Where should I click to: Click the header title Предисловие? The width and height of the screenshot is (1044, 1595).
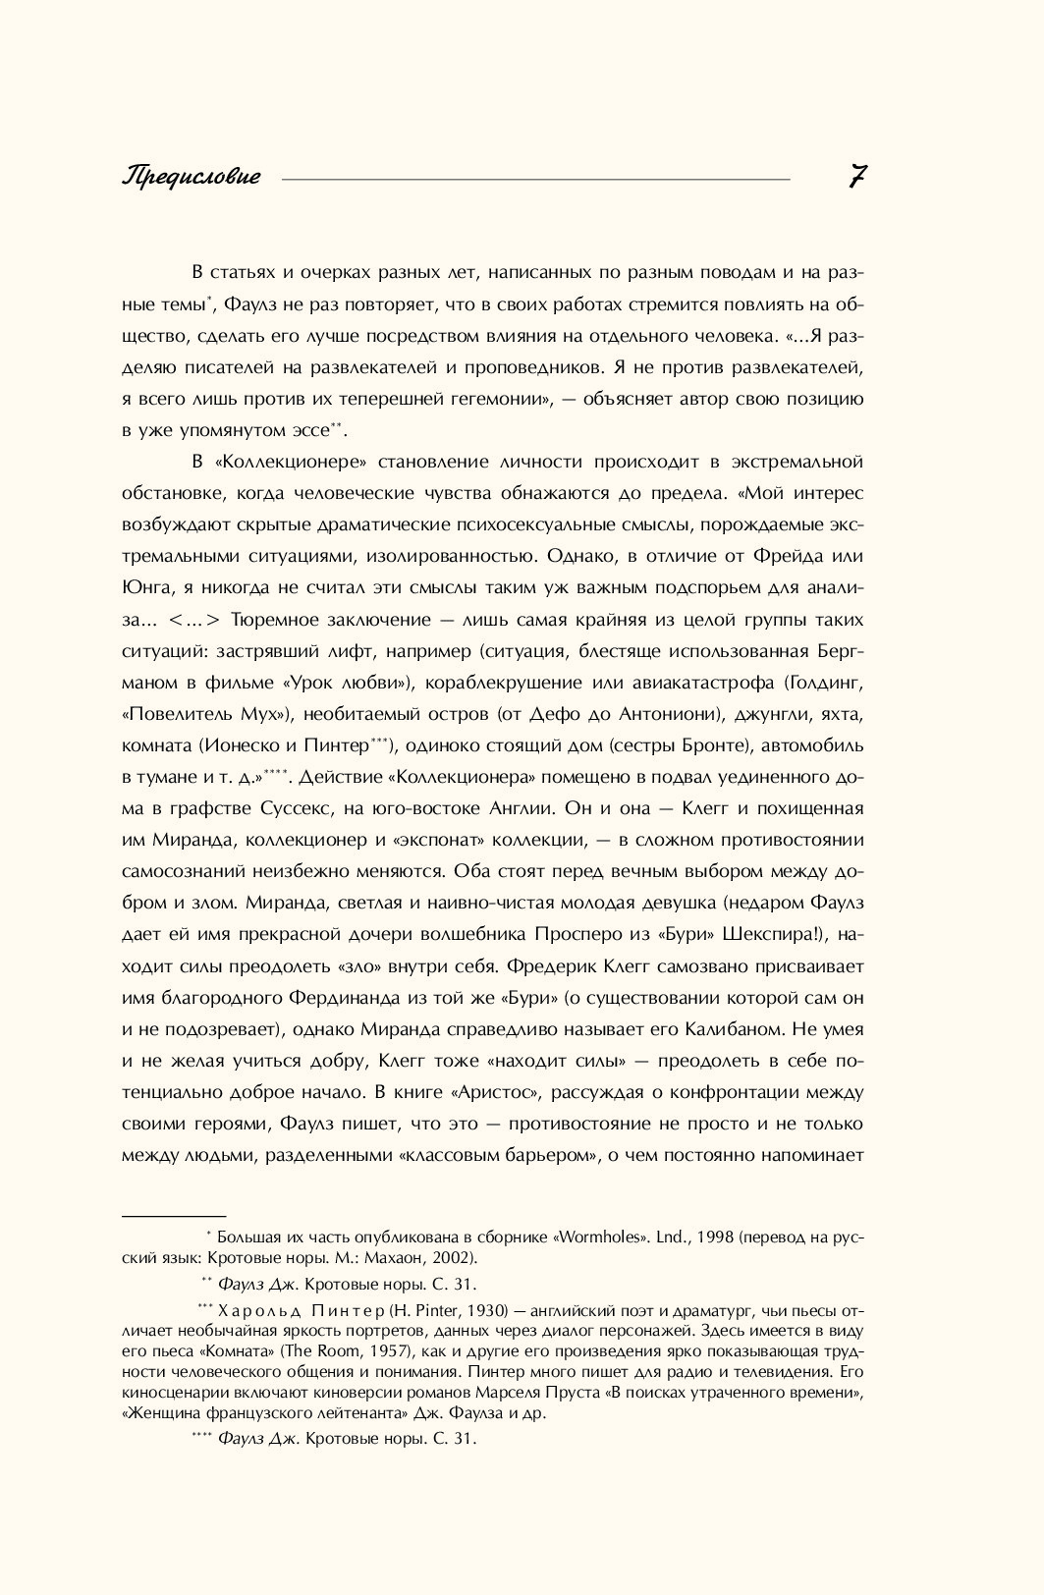coord(192,177)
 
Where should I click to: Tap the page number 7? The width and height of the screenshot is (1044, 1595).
coord(856,177)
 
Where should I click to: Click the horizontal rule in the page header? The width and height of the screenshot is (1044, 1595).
coord(535,180)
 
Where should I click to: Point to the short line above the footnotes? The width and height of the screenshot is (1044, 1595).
coord(174,1216)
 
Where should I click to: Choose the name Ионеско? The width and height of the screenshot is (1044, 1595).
coord(250,744)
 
